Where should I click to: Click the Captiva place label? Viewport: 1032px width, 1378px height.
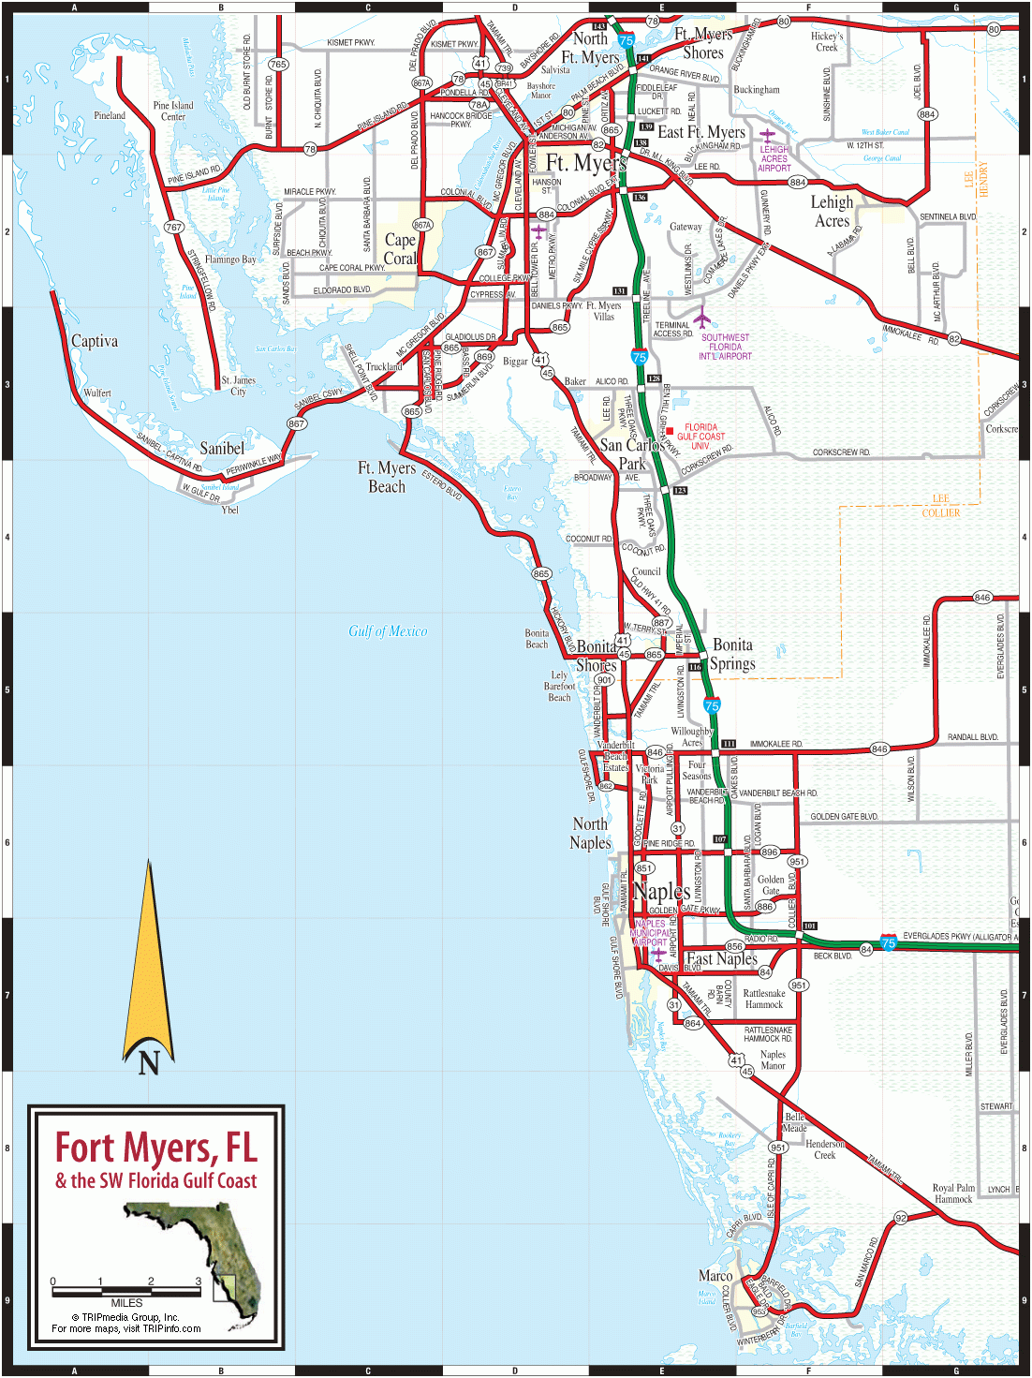point(95,341)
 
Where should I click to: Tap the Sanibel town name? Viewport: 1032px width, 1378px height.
point(222,448)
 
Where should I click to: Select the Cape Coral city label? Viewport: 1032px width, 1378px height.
point(400,249)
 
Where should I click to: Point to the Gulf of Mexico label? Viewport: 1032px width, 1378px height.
point(388,631)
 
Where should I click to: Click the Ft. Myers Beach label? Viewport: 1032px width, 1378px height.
point(387,477)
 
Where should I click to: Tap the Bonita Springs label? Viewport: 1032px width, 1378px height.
point(732,654)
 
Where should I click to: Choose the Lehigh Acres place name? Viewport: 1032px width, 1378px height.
point(832,212)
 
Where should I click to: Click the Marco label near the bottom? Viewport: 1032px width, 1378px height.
point(715,1276)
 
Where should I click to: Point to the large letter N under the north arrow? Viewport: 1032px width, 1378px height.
point(149,1062)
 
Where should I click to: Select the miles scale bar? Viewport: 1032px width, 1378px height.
point(126,1292)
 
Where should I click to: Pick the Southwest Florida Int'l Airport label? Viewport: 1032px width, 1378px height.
point(725,347)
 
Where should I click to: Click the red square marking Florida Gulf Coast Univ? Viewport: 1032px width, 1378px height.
point(670,431)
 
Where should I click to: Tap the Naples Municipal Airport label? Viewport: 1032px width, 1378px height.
point(650,933)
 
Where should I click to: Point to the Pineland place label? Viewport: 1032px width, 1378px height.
point(110,115)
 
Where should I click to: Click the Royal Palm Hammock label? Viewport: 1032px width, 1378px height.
point(953,1193)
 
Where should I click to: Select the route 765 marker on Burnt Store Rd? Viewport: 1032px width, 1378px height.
point(278,65)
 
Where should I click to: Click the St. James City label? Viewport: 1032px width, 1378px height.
point(238,386)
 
